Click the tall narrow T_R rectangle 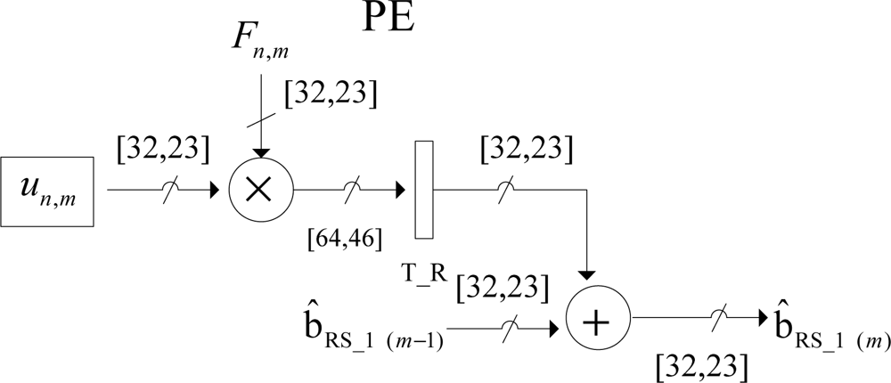click(x=424, y=189)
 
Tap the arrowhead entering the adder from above click(x=588, y=273)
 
